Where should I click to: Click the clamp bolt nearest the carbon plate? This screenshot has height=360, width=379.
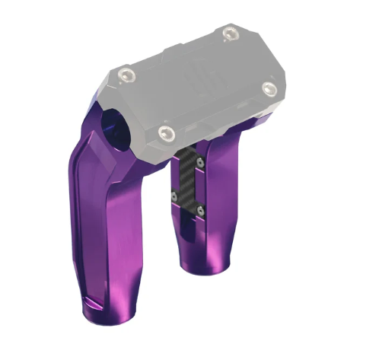pos(166,134)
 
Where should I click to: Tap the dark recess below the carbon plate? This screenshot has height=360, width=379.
pos(189,228)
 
